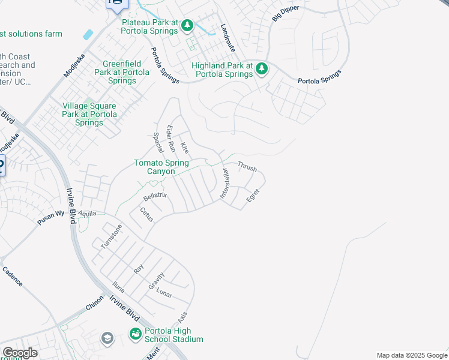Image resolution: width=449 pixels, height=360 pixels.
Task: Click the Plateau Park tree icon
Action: [x=188, y=25]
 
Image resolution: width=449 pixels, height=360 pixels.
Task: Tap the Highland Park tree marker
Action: [x=262, y=69]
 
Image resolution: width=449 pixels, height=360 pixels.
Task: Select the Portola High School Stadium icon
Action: [x=136, y=334]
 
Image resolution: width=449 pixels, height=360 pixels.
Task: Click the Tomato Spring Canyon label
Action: [x=161, y=167]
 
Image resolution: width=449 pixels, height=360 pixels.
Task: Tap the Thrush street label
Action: [x=247, y=165]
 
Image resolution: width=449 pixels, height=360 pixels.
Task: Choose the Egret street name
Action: [x=253, y=195]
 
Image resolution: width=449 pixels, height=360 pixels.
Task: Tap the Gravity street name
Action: [x=157, y=280]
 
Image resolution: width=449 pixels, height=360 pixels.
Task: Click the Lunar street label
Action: [x=164, y=293]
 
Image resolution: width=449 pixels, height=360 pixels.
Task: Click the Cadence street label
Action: [x=13, y=277]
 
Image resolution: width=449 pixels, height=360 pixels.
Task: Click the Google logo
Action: [x=19, y=353]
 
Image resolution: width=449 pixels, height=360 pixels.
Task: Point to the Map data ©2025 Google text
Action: [x=411, y=355]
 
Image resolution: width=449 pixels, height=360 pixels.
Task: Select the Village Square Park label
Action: [x=90, y=114]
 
